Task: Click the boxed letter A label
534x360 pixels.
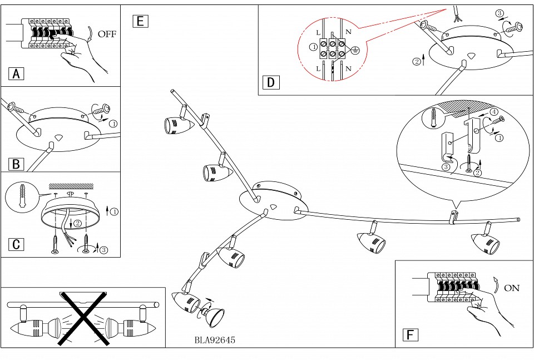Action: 17,73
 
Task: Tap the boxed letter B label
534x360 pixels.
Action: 17,164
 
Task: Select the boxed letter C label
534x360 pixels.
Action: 17,244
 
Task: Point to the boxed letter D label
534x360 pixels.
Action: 271,83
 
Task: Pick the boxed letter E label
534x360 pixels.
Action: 140,21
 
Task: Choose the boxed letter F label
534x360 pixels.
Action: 410,334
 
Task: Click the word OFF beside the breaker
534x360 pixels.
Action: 107,34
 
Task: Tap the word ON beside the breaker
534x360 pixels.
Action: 511,288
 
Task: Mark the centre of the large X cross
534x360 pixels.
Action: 83,317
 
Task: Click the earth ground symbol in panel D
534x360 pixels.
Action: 356,52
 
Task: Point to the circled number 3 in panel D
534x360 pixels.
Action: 500,13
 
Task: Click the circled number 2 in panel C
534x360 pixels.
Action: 78,223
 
